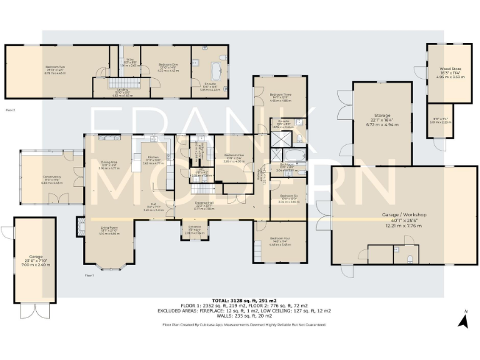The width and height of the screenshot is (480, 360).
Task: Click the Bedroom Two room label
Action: tap(56, 66)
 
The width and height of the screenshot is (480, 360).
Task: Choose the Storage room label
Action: tap(382, 116)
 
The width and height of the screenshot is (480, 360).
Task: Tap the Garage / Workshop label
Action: tap(404, 214)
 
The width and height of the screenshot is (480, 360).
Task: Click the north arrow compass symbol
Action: tap(463, 321)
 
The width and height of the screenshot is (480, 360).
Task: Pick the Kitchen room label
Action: tap(153, 157)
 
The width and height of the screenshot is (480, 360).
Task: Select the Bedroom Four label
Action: tap(280, 238)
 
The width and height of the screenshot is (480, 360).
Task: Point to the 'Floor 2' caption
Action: tap(10, 109)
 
